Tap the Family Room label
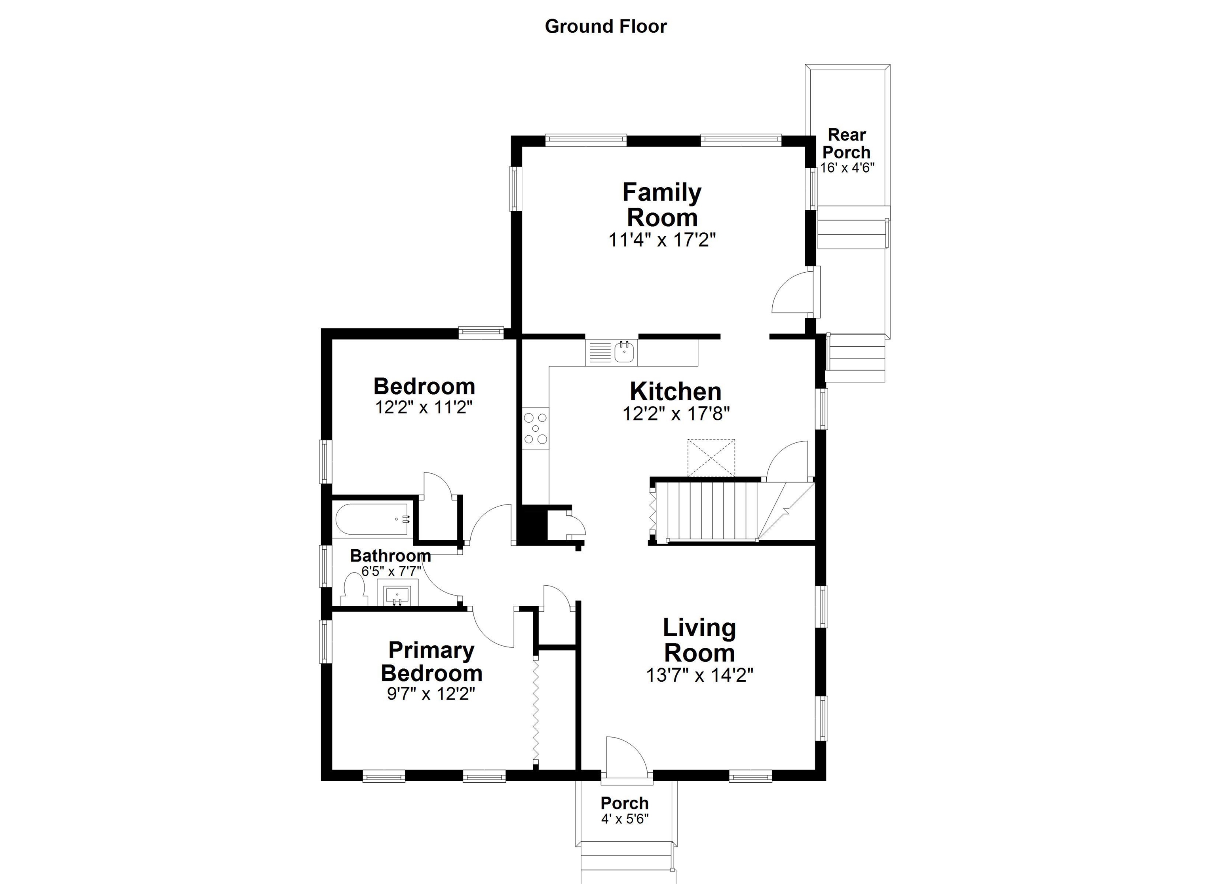pos(661,205)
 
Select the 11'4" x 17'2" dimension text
pos(661,240)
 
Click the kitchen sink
pos(624,352)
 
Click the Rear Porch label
pos(847,143)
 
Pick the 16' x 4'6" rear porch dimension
pos(847,168)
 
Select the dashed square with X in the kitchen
pos(711,457)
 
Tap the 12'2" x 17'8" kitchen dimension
pos(676,414)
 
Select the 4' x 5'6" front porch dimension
pos(625,819)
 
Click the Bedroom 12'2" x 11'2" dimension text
pos(424,408)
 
